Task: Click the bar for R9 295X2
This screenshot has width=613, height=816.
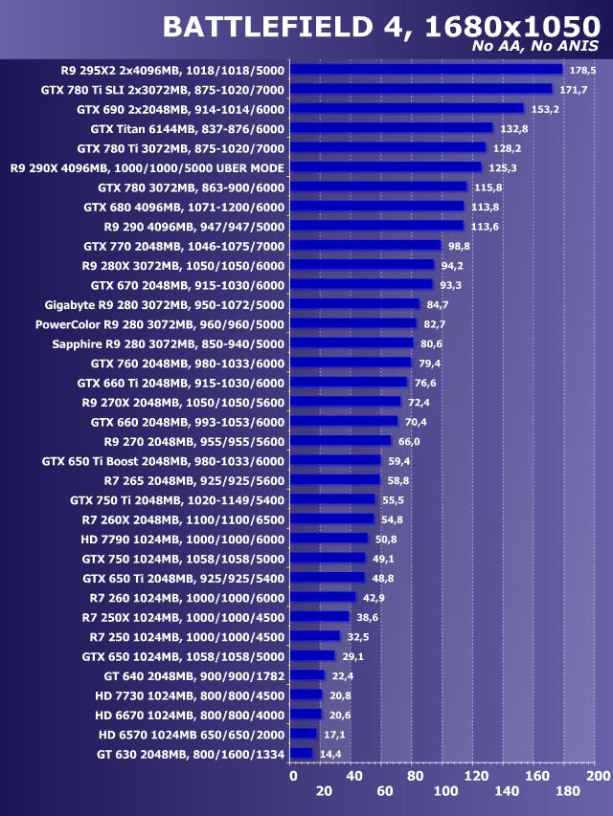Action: point(426,69)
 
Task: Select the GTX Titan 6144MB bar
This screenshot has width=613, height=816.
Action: point(391,128)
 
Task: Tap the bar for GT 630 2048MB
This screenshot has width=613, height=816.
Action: point(301,753)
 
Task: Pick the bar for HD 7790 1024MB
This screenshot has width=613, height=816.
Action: point(329,538)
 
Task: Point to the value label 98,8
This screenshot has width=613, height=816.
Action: point(460,246)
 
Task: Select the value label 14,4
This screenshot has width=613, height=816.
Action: point(330,754)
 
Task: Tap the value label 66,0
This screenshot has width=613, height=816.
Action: point(409,441)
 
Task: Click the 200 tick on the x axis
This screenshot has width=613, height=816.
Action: point(598,776)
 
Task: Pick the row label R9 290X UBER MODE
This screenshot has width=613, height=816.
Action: point(148,167)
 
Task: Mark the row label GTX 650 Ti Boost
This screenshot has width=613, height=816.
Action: point(163,460)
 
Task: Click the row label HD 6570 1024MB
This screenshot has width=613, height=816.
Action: point(192,734)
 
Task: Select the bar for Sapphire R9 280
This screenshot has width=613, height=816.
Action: point(352,343)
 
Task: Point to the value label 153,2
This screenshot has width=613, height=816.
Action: point(544,109)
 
